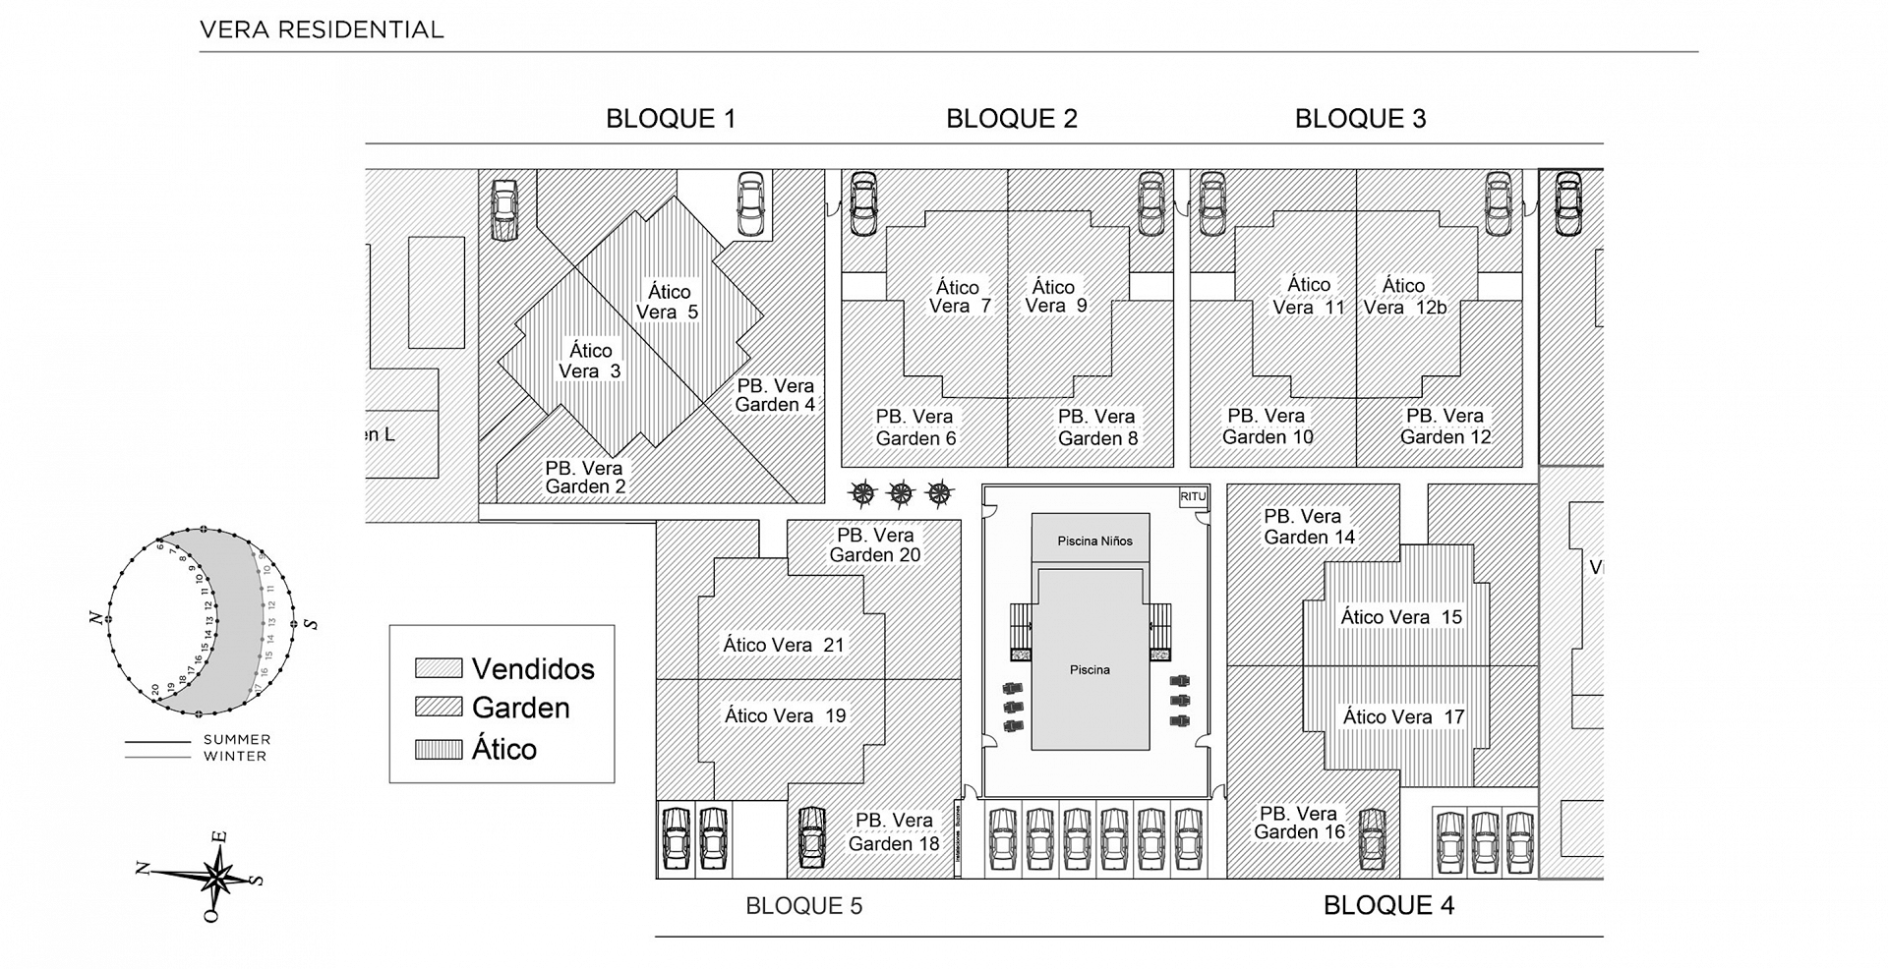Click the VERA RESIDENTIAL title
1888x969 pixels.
pos(322,29)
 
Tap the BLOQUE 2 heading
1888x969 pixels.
pos(1011,119)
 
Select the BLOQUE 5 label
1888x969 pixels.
pos(803,905)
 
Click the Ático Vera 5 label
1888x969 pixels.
pos(668,302)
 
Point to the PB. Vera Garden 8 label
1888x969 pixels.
pos(1097,427)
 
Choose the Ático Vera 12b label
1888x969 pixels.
pos(1404,296)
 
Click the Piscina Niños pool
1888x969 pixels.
pos(1093,541)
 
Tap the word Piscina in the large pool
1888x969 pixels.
pos(1090,669)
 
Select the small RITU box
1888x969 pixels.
pos(1193,497)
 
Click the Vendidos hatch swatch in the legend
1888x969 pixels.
pos(439,668)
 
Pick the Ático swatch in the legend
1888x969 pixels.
pos(439,750)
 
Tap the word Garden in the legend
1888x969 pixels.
pos(520,708)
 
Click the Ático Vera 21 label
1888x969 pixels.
pos(784,645)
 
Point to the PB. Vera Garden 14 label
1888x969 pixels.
pos(1309,527)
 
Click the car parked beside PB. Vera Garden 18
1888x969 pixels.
pos(811,837)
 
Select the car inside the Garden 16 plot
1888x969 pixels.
pos(1372,837)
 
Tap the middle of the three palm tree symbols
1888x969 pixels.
pos(901,493)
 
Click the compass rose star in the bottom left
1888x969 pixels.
pos(217,874)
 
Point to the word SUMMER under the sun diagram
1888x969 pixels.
pos(236,739)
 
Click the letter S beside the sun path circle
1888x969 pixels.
pos(312,623)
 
